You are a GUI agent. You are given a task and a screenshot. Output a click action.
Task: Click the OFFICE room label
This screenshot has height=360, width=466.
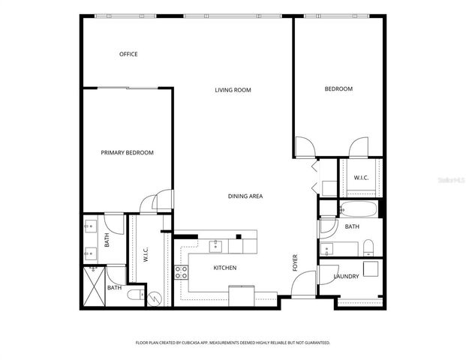[x=128, y=54]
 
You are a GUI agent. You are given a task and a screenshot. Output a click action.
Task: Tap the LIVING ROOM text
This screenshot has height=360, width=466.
[x=233, y=90]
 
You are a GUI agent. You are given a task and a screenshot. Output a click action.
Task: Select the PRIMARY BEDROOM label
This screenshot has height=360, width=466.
[x=127, y=153]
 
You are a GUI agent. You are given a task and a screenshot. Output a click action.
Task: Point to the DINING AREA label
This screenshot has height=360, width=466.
[x=245, y=196]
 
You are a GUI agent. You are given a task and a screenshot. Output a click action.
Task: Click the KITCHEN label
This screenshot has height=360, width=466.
[x=225, y=268]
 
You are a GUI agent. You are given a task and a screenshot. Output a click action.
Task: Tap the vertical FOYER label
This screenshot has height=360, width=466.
[x=296, y=262]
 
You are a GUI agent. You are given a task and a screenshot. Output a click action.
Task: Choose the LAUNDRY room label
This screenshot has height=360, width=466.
[x=346, y=277]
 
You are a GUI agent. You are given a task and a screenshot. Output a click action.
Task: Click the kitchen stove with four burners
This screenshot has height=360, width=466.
[x=181, y=272]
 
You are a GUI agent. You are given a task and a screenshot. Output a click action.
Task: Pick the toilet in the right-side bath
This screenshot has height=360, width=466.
[x=368, y=247]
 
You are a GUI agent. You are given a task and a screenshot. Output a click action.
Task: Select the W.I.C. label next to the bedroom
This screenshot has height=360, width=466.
[x=360, y=178]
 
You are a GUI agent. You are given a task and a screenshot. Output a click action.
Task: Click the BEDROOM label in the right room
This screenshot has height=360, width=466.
[x=338, y=89]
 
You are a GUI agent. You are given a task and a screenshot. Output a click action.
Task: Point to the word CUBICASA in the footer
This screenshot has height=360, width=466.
[x=192, y=343]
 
